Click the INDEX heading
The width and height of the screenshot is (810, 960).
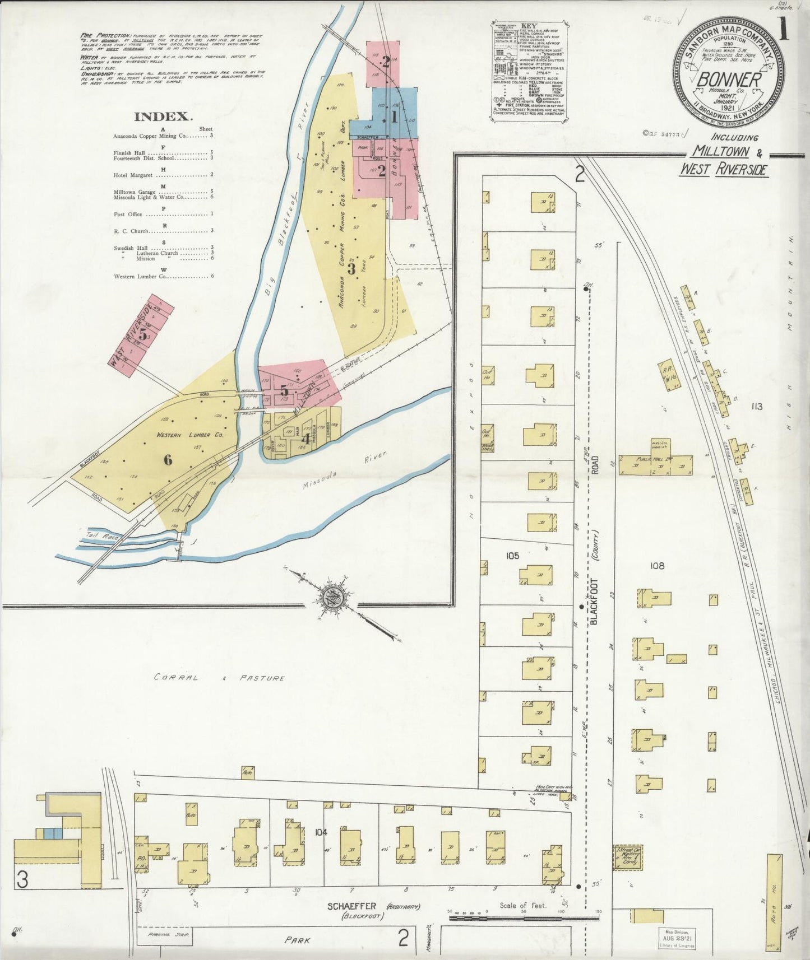[163, 116]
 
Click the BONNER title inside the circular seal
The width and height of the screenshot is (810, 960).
[728, 80]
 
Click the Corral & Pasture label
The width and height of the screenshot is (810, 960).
[219, 678]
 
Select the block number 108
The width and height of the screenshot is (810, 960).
[657, 566]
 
